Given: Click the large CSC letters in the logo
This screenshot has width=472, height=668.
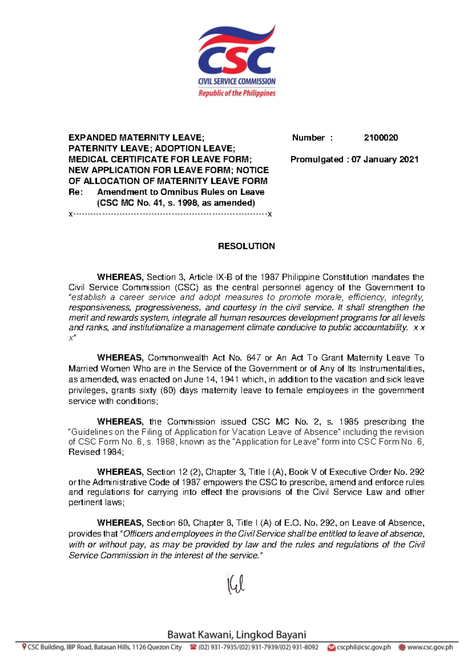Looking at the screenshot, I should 236,60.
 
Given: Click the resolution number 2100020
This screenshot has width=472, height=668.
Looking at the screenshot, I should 381,138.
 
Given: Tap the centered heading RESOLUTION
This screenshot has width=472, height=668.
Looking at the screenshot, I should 246,246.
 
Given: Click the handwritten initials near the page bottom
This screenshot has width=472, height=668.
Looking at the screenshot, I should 235,584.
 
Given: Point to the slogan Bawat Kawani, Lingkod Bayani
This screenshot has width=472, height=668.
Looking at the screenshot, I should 236,635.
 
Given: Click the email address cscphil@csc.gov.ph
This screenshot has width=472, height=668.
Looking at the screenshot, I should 363,647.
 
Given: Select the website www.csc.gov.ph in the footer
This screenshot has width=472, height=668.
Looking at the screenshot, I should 430,647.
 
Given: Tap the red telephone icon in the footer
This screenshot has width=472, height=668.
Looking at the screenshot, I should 193,647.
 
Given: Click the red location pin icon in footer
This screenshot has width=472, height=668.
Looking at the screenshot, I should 24,647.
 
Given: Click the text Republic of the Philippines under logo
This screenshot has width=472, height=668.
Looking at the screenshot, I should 237,93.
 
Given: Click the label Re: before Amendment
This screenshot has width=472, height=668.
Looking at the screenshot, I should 76,192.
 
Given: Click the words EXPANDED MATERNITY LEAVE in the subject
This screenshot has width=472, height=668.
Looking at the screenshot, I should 135,138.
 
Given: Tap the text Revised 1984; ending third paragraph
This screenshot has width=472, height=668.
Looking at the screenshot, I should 96,452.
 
